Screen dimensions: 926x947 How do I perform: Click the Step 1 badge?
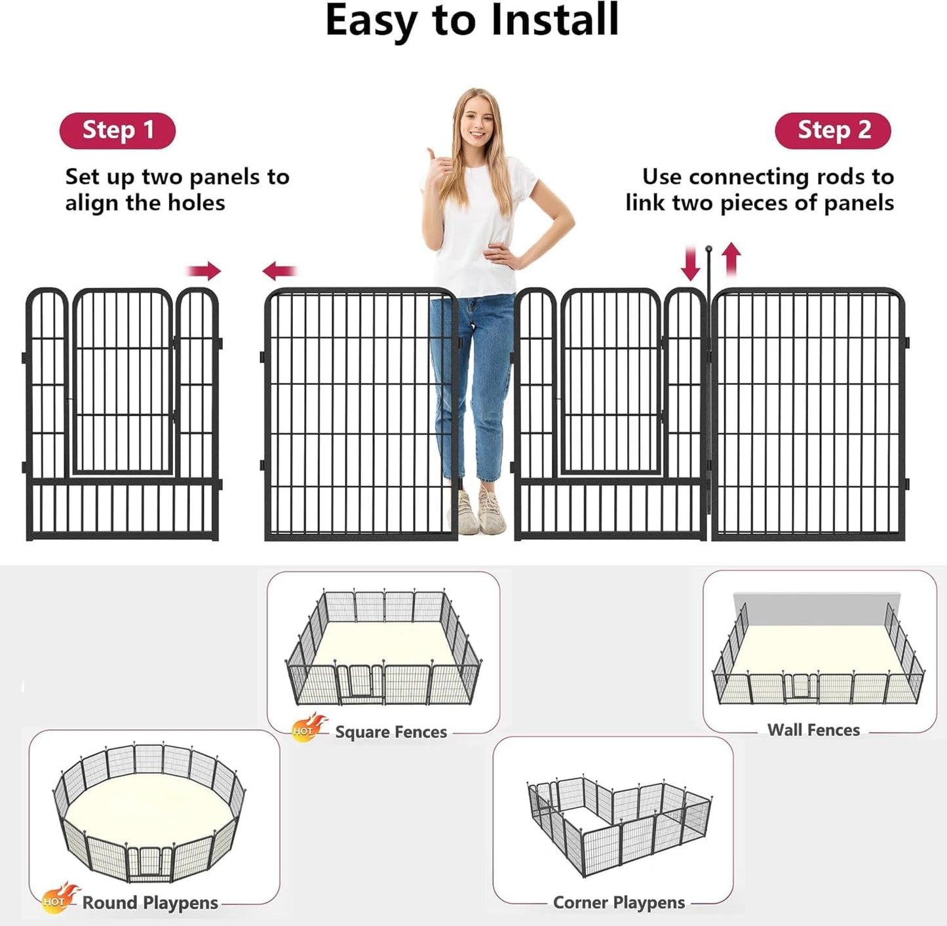(117, 131)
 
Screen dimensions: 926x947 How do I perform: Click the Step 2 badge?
(832, 131)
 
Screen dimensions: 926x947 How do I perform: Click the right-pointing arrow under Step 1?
(204, 270)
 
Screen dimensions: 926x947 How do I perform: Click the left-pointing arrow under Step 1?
(280, 270)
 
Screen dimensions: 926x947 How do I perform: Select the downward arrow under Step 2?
(690, 263)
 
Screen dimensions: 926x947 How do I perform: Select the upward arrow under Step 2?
(731, 259)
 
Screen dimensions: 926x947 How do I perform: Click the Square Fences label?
(391, 732)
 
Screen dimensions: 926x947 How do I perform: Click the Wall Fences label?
(813, 730)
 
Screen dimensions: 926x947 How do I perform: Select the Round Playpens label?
(149, 902)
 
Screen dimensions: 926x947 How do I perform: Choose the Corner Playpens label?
(619, 902)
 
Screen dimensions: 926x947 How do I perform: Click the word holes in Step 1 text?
(196, 203)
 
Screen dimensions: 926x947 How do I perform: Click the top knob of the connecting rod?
(708, 249)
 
